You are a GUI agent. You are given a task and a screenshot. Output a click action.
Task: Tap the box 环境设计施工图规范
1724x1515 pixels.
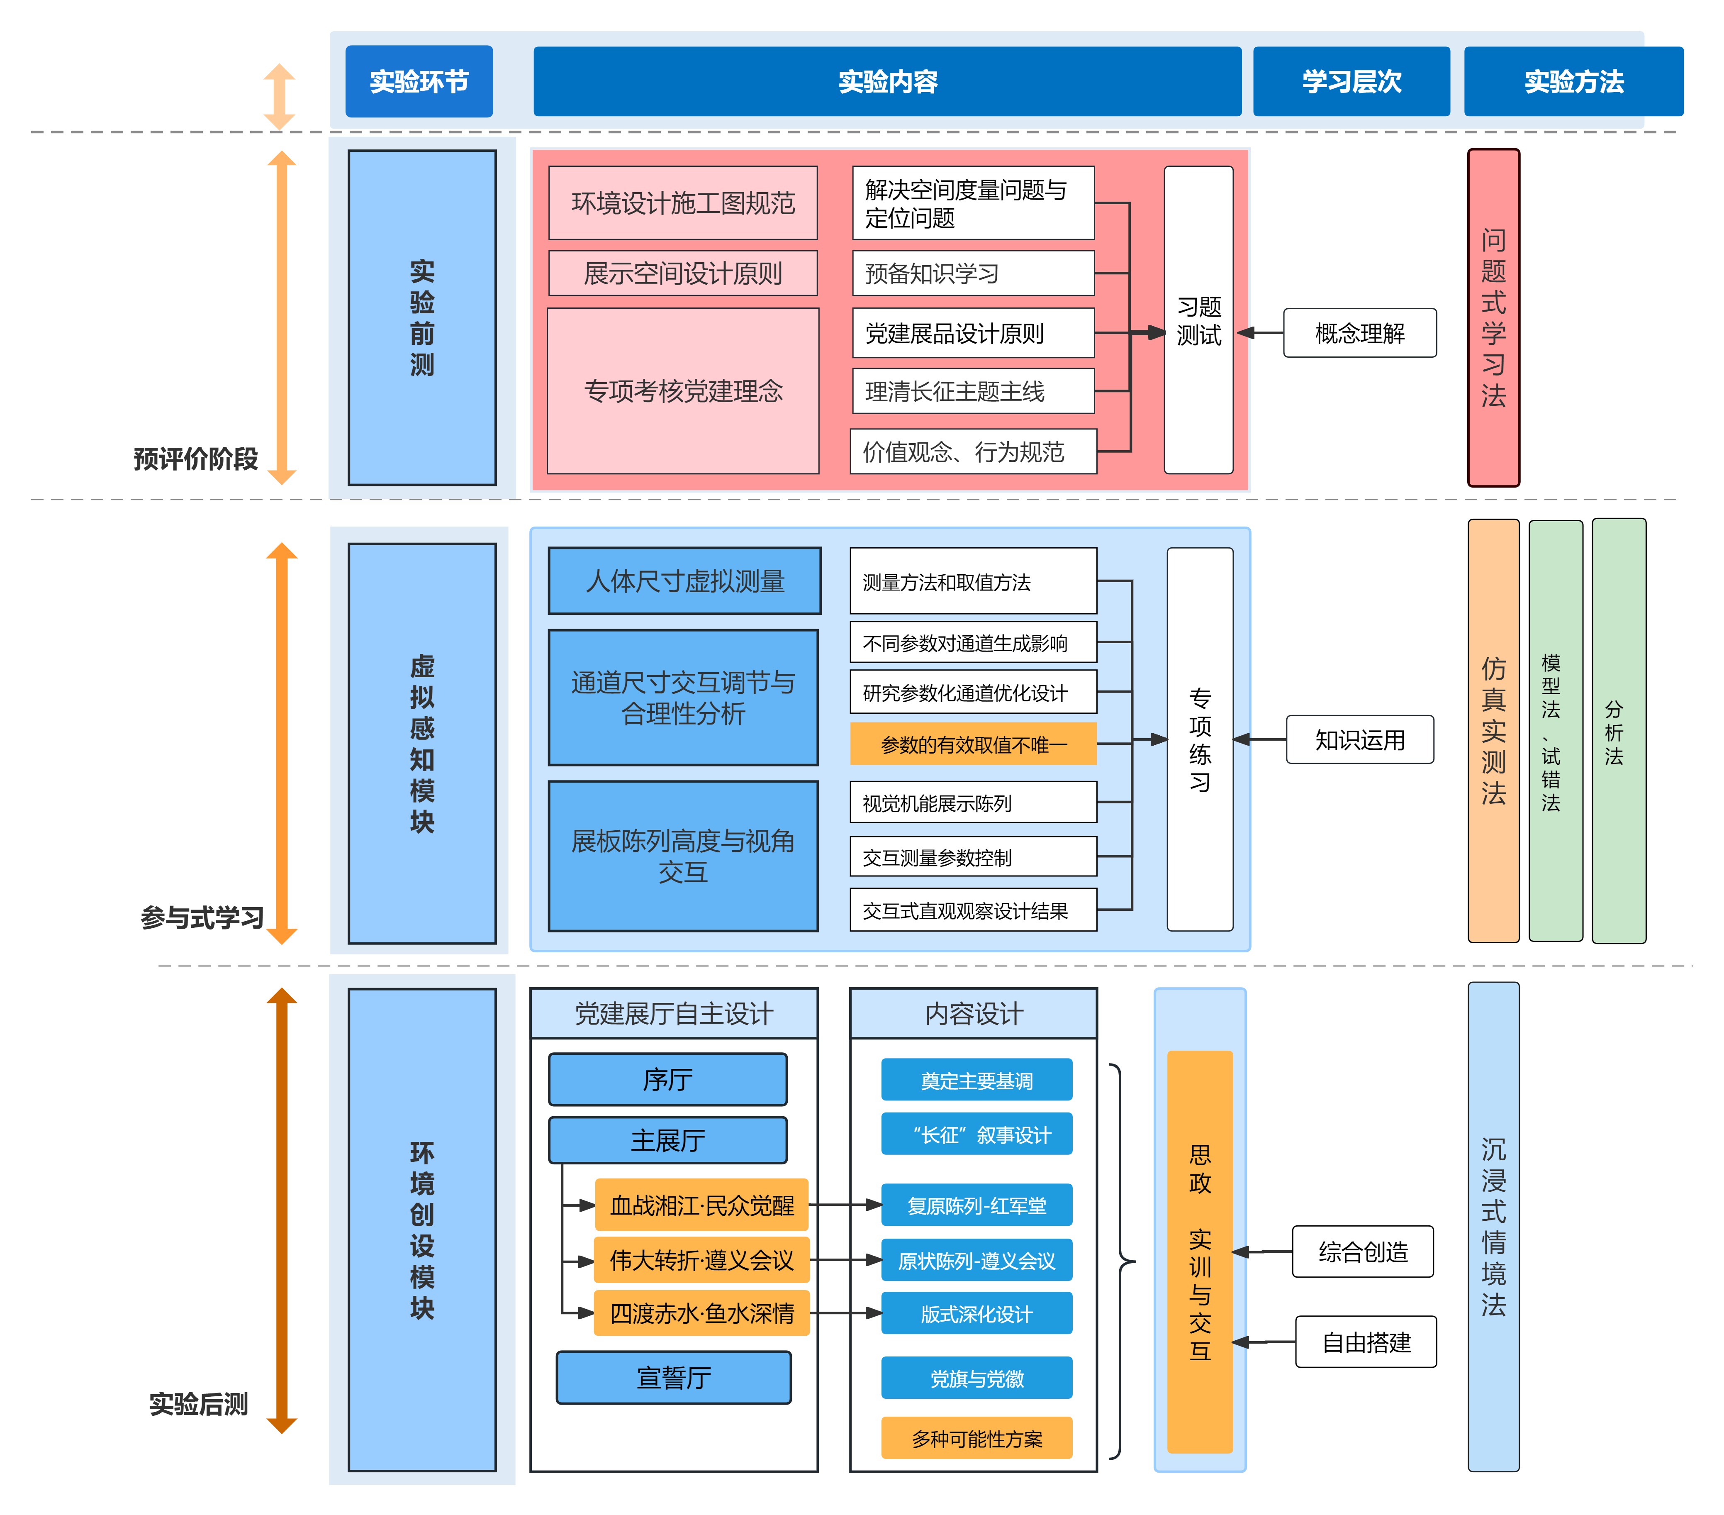683,202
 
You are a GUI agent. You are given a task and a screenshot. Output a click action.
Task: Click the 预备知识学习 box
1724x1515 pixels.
973,273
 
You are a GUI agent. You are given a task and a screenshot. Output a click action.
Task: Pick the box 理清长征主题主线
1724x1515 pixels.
973,390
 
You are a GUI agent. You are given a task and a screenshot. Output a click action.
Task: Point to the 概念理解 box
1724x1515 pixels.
1360,333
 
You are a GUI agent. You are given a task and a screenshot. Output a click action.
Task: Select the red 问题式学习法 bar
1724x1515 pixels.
1494,318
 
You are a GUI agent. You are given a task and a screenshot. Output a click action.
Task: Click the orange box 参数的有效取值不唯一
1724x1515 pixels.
973,744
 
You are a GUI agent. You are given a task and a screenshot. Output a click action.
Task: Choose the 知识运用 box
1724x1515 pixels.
1360,740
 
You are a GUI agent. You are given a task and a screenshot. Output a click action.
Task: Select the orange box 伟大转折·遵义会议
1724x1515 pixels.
702,1260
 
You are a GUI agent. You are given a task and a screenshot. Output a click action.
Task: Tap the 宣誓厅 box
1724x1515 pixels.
674,1378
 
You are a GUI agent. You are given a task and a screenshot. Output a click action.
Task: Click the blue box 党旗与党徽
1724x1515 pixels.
977,1378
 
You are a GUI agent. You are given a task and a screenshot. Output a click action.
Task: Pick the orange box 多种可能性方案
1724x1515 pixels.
977,1438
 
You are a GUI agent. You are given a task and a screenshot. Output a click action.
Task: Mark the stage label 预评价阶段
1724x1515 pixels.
196,459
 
